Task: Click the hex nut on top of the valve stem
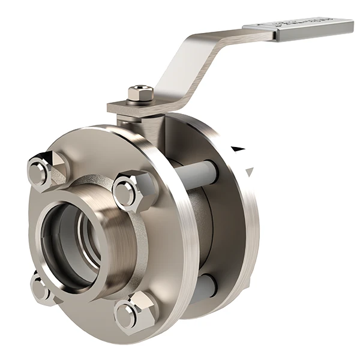click(x=140, y=94)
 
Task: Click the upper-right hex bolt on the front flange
click(x=128, y=191)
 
